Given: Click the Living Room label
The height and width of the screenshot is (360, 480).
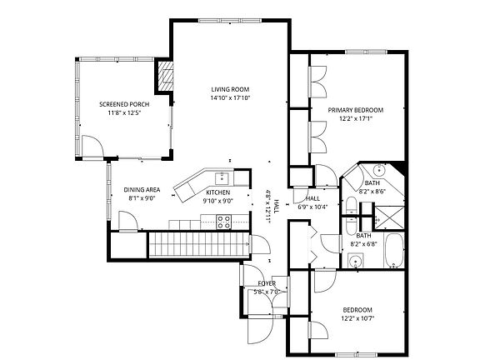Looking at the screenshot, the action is point(230,89).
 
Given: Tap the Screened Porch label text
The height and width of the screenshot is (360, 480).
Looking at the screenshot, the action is point(124,104).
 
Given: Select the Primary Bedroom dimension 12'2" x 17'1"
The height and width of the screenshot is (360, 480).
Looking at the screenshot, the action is point(356,118).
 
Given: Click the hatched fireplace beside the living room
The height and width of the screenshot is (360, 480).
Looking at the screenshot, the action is point(165,76).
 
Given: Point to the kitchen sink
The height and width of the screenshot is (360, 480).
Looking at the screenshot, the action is point(222,178).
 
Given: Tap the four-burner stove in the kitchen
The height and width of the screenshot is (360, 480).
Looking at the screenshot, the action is point(224,222).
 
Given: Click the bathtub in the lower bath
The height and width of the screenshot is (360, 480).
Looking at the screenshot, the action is point(393,251).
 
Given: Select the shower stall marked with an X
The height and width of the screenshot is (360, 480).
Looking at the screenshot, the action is point(389,217).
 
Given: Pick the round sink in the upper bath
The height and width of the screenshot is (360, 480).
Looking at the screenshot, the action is point(379,170).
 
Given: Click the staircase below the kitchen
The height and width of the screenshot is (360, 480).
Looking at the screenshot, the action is point(198,245).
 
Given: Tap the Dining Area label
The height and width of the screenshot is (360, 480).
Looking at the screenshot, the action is point(142,190).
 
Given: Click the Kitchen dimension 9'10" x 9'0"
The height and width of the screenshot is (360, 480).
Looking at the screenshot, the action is point(218,201).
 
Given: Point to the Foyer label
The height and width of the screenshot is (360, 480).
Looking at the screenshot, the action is point(267,283).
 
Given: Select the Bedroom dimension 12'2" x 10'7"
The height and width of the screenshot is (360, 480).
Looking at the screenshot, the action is point(357,318).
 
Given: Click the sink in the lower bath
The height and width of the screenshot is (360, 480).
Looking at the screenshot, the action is point(356,261).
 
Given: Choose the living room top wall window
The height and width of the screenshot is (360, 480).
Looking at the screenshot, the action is point(230,21).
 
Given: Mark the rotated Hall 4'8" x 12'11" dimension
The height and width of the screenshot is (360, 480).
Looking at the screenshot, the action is point(272,207).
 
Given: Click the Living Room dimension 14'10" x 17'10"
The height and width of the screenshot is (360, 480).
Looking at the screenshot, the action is point(230,98).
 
